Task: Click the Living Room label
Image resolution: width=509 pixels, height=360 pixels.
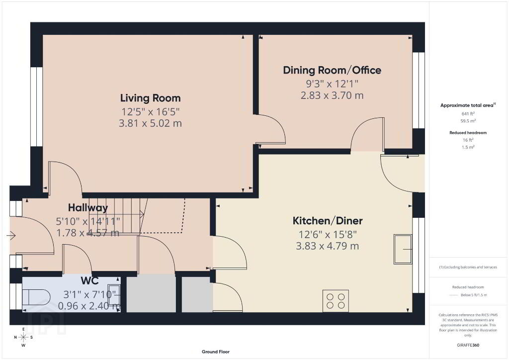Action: pos(150,98)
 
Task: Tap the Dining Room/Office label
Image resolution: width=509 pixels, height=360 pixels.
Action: pos(332,70)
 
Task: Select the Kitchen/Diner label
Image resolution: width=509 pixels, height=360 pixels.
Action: pos(328,221)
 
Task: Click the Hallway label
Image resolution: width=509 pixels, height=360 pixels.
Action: pos(88,208)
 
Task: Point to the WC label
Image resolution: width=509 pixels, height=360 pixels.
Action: pos(90,280)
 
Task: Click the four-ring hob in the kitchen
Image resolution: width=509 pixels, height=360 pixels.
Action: pos(336,301)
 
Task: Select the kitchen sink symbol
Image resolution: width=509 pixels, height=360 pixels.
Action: pos(403,249)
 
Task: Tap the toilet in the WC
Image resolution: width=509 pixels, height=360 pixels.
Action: pos(36,296)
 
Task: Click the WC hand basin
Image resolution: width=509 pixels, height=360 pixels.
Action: pos(114,295)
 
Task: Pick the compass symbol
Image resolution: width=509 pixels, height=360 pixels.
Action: pos(23,337)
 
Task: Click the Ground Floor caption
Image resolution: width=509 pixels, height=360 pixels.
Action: pos(216,352)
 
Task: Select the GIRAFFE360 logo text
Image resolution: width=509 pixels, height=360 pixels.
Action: pos(468,345)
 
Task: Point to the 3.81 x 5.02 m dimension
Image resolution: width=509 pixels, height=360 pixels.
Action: pos(150,123)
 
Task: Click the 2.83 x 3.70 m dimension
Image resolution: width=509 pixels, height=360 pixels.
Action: pos(332,95)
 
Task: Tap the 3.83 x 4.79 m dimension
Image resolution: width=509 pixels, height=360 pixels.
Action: pos(328,246)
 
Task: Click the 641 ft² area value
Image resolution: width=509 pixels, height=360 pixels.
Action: pos(468,113)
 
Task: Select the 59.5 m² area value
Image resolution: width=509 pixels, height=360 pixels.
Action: pos(468,121)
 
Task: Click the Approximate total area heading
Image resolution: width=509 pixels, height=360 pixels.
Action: pos(467,105)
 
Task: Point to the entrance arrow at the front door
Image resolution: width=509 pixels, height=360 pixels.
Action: pos(11,235)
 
